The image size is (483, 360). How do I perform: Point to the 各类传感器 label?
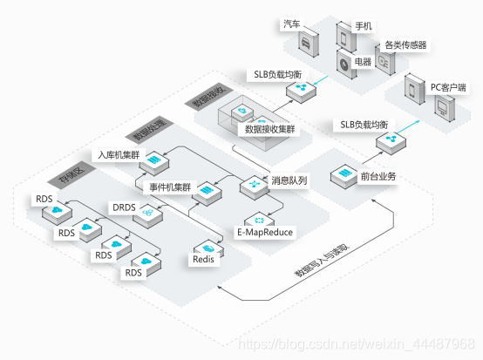click(x=405, y=44)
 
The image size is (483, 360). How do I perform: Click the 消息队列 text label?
click(x=289, y=180)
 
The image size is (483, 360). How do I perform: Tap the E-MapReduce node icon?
click(x=255, y=218)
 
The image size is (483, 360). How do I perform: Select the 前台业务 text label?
click(x=378, y=177)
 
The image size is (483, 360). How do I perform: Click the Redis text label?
click(x=203, y=259)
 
